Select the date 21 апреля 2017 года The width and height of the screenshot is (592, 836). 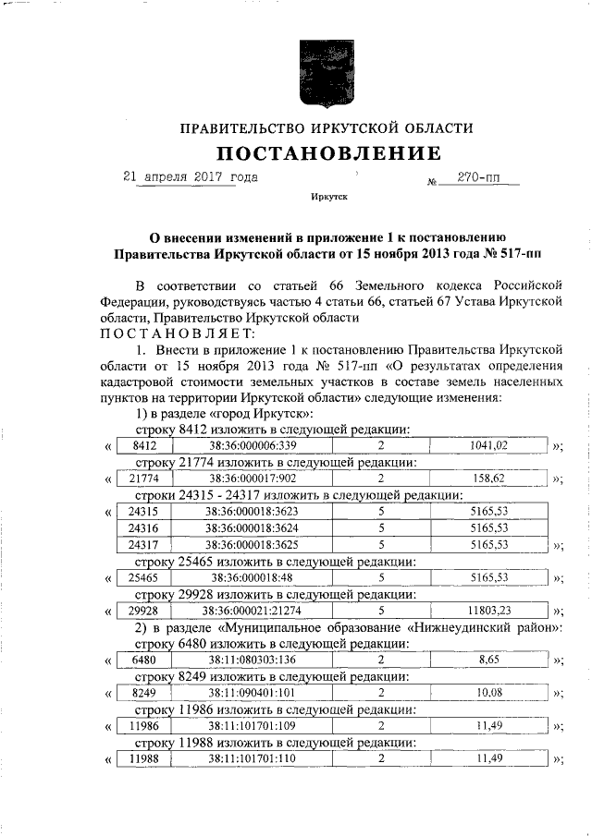[191, 176]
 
